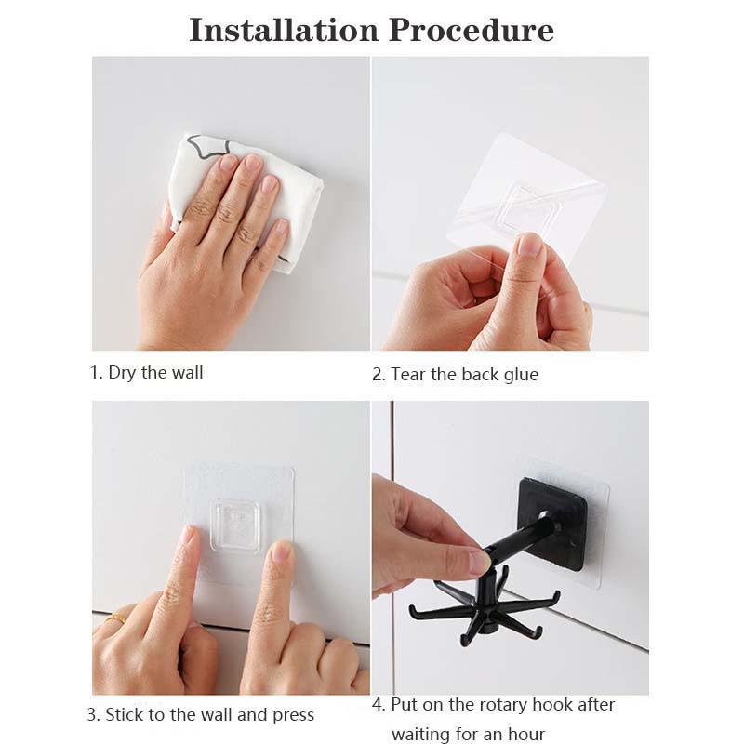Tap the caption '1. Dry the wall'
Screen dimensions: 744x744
tap(146, 373)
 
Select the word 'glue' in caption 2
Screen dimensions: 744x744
tap(519, 375)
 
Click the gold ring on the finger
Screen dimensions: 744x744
tap(115, 618)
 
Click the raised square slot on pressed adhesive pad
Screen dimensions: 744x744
tap(233, 526)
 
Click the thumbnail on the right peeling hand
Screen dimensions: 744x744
tap(529, 244)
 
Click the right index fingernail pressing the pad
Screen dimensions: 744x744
tap(281, 551)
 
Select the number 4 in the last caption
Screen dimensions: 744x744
tap(377, 705)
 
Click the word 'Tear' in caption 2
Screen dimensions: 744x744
tap(409, 375)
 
